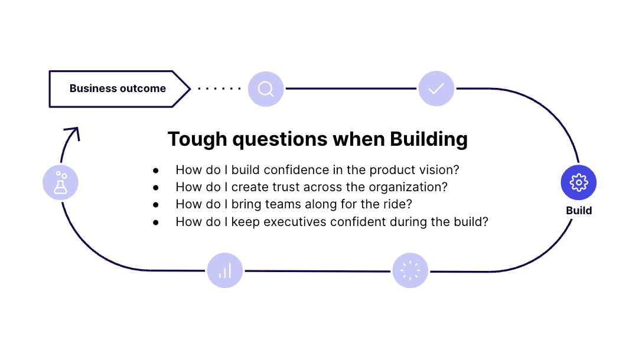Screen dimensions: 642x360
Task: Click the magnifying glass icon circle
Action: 266,89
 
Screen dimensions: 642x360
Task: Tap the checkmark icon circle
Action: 436,89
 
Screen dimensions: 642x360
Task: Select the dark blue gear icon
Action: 579,182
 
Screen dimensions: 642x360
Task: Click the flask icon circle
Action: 61,182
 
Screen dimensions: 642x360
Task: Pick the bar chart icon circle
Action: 225,270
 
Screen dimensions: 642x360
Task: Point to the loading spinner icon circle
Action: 410,270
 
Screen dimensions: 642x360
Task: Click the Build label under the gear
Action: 579,211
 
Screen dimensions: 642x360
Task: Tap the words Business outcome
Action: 118,89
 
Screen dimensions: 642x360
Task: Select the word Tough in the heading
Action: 197,139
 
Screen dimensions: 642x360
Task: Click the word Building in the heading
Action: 429,139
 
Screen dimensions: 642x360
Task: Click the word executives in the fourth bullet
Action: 295,222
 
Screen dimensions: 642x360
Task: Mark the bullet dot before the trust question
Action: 155,188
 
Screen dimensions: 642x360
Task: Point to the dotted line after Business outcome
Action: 219,89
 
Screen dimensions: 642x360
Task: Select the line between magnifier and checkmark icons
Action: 351,89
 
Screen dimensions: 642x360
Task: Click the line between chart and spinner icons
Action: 317,271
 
